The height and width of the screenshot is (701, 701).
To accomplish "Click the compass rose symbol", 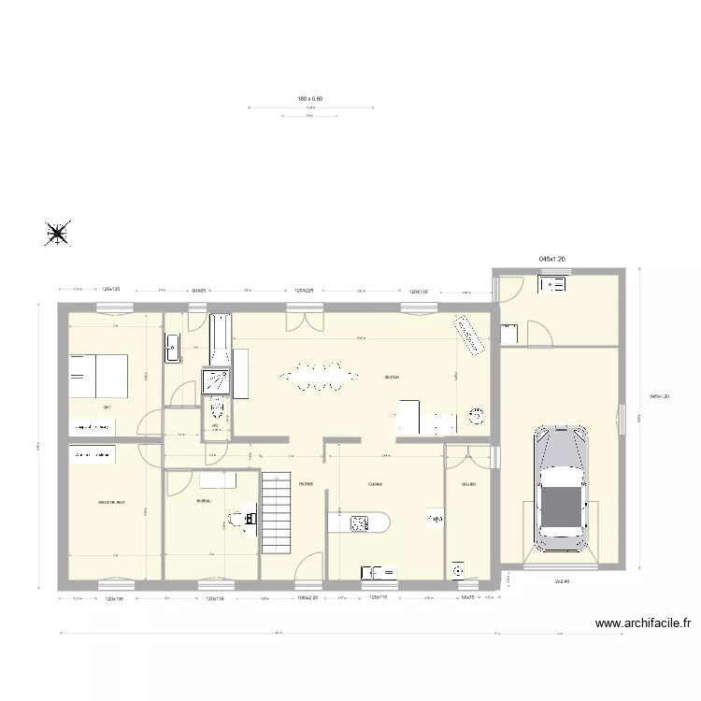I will click(x=58, y=234).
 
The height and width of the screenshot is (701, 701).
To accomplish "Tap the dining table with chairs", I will click(x=318, y=378).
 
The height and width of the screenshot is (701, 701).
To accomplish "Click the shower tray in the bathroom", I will click(x=215, y=380).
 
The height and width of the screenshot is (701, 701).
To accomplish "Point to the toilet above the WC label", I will click(x=217, y=408).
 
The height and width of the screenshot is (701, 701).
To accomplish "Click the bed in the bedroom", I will click(x=98, y=376).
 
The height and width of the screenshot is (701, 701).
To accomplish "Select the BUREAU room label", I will click(x=203, y=501).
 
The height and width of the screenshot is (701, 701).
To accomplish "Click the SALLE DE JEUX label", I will click(x=111, y=503).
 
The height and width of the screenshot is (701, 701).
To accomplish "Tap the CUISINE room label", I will click(x=375, y=485).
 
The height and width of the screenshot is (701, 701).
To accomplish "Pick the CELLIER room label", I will click(x=468, y=485).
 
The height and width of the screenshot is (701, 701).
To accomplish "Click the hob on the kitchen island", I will click(x=359, y=522).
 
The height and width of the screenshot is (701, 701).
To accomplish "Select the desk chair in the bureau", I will click(x=248, y=519).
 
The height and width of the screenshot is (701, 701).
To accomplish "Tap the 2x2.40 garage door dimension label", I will click(x=563, y=580).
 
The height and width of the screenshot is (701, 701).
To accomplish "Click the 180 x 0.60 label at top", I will click(x=309, y=98).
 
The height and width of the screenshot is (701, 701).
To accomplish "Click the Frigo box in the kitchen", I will click(x=435, y=517).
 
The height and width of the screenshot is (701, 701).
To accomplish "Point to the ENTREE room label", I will click(x=306, y=485).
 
